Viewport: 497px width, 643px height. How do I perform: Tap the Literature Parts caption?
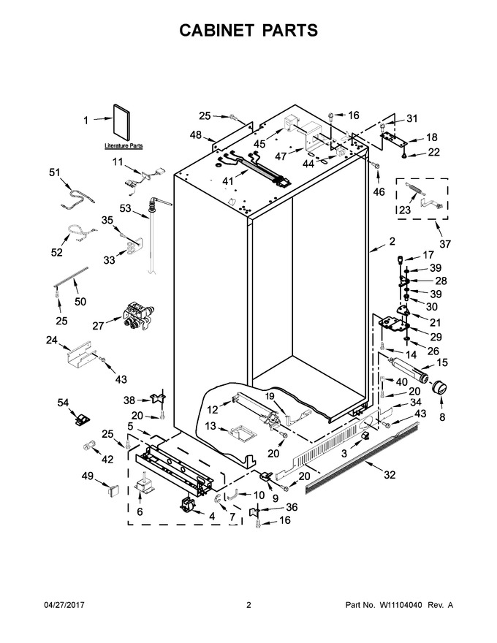click(124, 146)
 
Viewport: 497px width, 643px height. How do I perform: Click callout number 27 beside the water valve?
click(98, 326)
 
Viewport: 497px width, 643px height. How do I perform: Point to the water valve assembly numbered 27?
click(139, 316)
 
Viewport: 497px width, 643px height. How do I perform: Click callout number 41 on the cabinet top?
click(227, 181)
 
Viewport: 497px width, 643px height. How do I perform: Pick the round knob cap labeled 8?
click(439, 388)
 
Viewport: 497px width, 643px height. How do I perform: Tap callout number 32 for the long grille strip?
click(390, 475)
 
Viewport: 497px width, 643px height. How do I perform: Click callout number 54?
click(63, 403)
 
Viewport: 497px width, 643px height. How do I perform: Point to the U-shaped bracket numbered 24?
click(79, 352)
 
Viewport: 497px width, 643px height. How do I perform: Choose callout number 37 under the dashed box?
click(445, 243)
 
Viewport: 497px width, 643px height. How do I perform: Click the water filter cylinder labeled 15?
click(408, 370)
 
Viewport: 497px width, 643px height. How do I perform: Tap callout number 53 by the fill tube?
click(125, 208)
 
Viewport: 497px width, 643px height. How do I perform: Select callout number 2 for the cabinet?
click(392, 241)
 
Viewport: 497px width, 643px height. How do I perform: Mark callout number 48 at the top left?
click(196, 134)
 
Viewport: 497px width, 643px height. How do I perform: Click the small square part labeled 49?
click(113, 490)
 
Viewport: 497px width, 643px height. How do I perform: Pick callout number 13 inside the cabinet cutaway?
click(210, 426)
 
